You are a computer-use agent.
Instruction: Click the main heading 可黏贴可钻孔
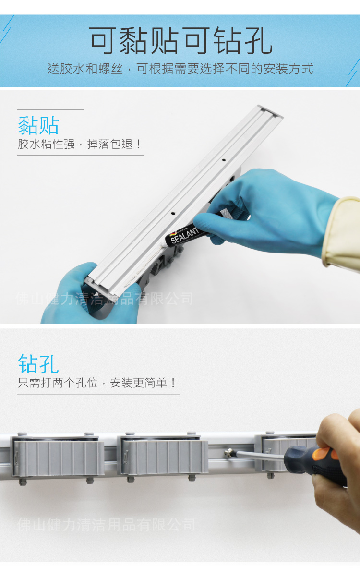(180, 41)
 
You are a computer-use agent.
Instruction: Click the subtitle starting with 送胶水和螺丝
(180, 69)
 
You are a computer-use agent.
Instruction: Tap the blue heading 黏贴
(38, 125)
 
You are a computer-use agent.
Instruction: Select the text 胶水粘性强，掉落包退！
(80, 144)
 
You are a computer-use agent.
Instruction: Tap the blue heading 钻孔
(38, 364)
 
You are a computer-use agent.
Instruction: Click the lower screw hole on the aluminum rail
(173, 211)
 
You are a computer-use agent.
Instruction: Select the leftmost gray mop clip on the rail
(58, 456)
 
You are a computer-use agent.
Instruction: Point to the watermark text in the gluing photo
(105, 299)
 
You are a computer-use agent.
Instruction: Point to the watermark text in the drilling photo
(106, 524)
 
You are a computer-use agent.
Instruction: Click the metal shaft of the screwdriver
(259, 456)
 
